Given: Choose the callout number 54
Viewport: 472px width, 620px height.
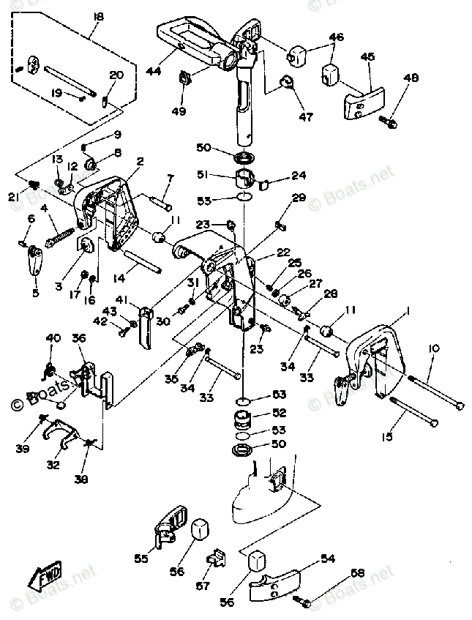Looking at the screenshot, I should [327, 559].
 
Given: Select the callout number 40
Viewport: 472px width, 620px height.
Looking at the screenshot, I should [53, 337].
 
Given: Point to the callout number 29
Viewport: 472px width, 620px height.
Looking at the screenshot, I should [299, 198].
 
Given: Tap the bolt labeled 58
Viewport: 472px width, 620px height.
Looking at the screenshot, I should [302, 601].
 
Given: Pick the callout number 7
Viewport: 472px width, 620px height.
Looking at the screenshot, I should [170, 178].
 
